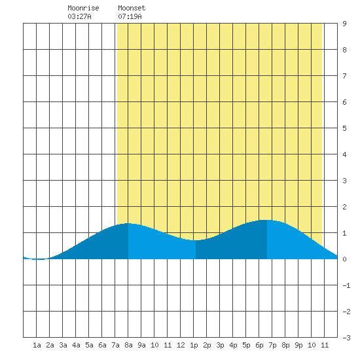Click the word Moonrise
pyautogui.click(x=83, y=8)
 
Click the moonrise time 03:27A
pyautogui.click(x=79, y=16)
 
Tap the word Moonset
pyautogui.click(x=132, y=8)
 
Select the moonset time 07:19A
pyautogui.click(x=130, y=16)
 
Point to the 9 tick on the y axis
pyautogui.click(x=344, y=24)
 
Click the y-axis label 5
pyautogui.click(x=344, y=128)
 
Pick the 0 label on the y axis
pyautogui.click(x=344, y=259)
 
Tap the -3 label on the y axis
pyautogui.click(x=346, y=338)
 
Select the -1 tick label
pyautogui.click(x=346, y=285)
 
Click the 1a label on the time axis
pyautogui.click(x=37, y=345)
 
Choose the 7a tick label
pyautogui.click(x=115, y=345)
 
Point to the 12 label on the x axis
pyautogui.click(x=181, y=345)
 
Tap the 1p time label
pyautogui.click(x=194, y=346)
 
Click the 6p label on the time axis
pyautogui.click(x=259, y=346)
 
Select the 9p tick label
pyautogui.click(x=298, y=346)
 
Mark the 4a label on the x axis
pyautogui.click(x=76, y=345)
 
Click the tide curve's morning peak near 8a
pyautogui.click(x=128, y=223)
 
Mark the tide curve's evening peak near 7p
pyautogui.click(x=266, y=220)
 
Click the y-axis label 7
pyautogui.click(x=344, y=76)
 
